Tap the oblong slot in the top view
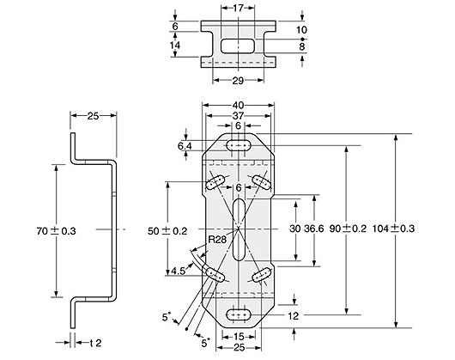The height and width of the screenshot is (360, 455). (x=240, y=44)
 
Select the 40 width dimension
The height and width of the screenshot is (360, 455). (x=240, y=106)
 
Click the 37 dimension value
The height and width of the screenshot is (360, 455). (x=240, y=117)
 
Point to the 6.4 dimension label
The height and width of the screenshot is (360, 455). (x=184, y=147)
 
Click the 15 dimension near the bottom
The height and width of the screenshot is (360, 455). (x=240, y=336)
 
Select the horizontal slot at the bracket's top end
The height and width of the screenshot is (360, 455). (x=240, y=147)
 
